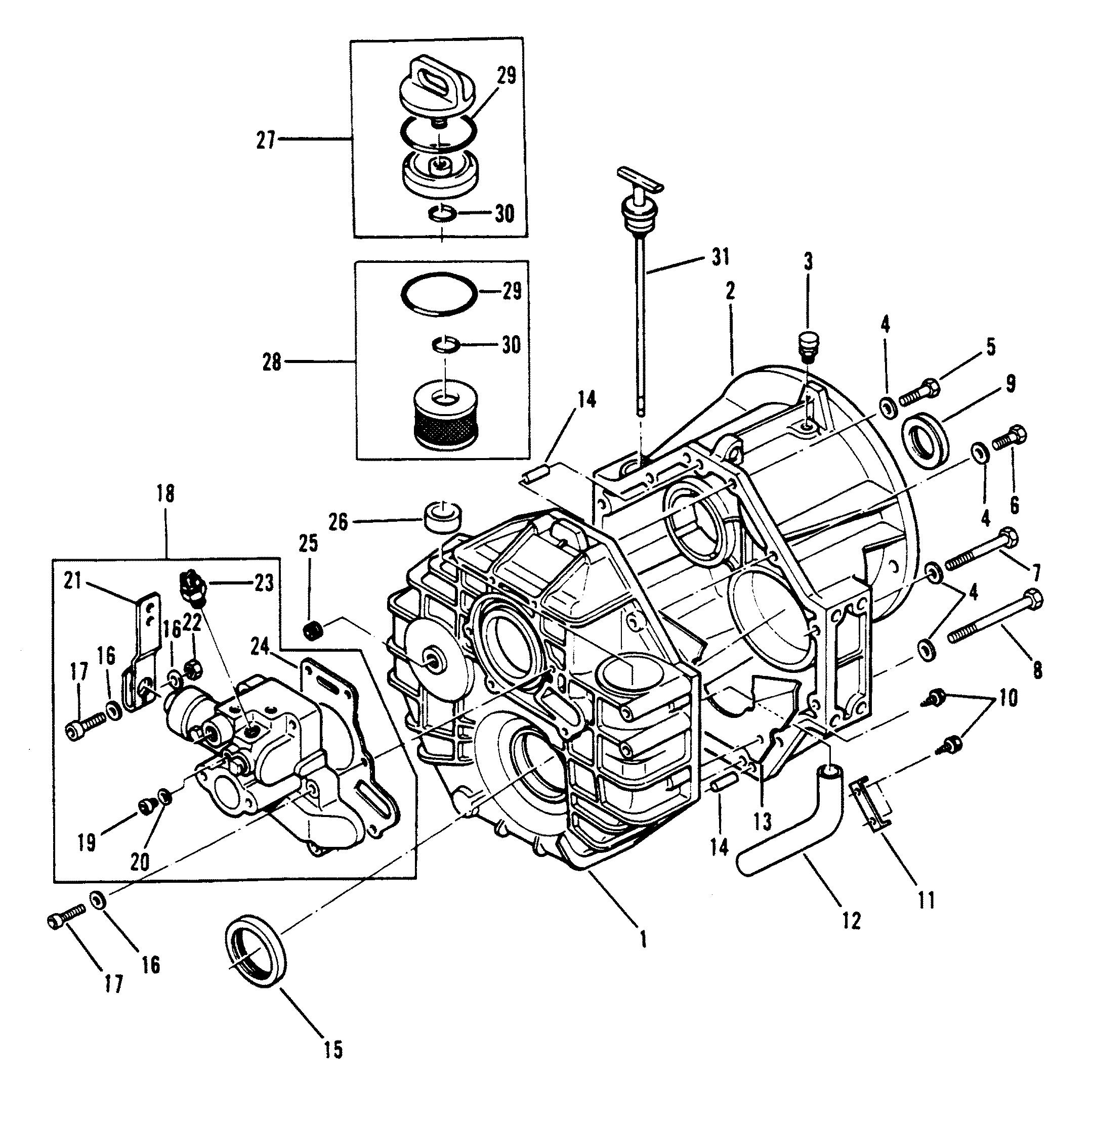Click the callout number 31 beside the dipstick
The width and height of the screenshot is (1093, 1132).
pos(720,257)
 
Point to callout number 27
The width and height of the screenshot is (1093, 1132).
pos(266,140)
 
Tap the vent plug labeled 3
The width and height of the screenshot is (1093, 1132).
pos(807,344)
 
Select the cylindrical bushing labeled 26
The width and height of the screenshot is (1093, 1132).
pos(443,516)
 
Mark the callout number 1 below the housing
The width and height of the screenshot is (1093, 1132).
pos(642,941)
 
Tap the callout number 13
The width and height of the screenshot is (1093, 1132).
pos(764,821)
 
